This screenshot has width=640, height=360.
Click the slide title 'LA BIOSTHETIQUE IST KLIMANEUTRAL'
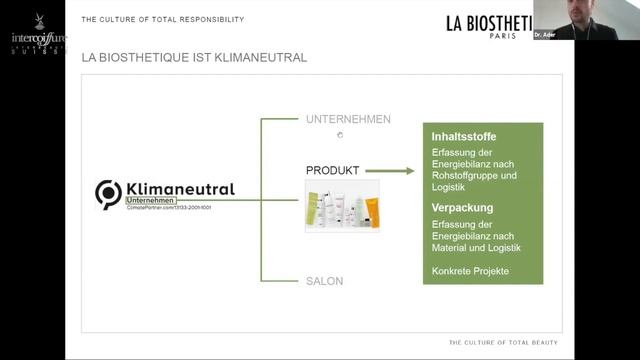194,58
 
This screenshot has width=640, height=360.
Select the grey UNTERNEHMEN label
348,120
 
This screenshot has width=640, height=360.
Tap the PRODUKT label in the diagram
332,171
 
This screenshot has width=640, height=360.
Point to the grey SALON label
324,281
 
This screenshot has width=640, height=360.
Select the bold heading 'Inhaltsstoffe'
464,137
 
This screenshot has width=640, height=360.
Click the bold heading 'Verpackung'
462,208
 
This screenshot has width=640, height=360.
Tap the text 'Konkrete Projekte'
470,271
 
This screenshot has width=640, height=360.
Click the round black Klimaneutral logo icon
108,193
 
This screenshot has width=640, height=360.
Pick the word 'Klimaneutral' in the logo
180,188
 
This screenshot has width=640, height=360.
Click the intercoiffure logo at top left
32,23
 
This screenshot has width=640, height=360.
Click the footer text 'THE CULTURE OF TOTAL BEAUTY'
503,343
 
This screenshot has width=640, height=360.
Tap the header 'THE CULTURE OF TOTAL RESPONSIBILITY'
162,19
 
